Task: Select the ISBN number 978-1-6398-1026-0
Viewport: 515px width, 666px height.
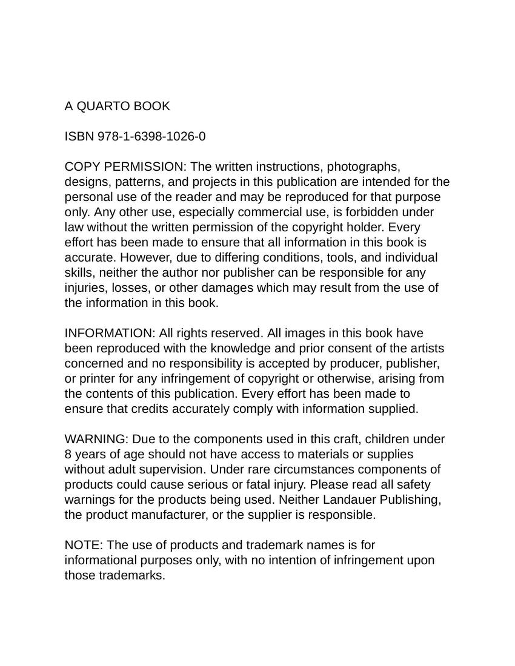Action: (151, 137)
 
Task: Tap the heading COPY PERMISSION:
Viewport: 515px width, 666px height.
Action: (125, 167)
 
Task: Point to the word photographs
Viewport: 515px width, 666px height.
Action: (363, 167)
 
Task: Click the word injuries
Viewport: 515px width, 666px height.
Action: (86, 288)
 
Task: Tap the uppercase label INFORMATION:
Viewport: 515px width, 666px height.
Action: (110, 334)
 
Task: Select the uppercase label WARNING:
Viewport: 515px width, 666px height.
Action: (96, 440)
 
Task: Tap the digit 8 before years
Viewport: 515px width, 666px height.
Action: (68, 455)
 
